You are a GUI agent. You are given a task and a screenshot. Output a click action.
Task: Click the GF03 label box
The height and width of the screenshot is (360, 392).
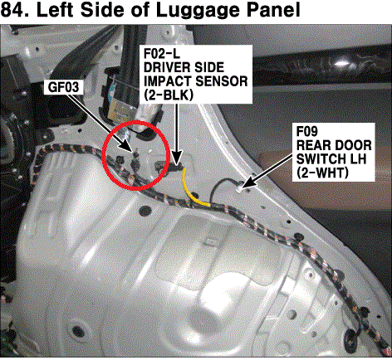tap(63, 87)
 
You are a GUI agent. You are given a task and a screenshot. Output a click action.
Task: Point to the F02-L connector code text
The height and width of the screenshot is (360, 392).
tap(162, 54)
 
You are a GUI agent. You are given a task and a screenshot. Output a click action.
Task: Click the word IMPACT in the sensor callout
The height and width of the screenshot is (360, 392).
tap(168, 81)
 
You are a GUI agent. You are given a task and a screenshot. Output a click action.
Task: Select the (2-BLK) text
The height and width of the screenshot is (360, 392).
tap(169, 95)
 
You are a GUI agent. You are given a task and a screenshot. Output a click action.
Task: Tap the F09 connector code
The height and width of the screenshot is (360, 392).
tap(307, 131)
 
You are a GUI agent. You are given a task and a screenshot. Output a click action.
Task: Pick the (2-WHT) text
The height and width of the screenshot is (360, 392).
tap(322, 173)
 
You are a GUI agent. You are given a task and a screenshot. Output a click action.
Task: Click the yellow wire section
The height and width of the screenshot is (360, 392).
tap(193, 188)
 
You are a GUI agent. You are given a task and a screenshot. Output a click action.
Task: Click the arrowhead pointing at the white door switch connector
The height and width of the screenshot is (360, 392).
tap(247, 184)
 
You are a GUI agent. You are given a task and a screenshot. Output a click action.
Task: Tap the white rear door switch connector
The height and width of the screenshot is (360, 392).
tap(239, 189)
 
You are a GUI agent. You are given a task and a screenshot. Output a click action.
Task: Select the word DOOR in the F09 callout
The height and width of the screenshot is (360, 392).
tap(353, 145)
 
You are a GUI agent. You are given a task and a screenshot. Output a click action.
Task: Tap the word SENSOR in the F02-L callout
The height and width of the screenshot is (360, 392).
tap(222, 81)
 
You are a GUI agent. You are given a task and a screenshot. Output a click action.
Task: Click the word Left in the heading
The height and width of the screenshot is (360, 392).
tap(55, 10)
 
